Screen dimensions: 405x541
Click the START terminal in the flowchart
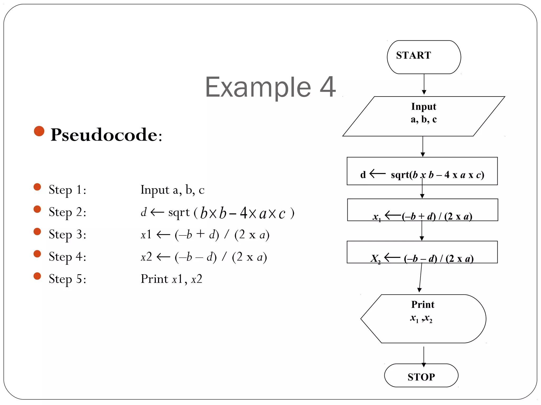tap(424, 57)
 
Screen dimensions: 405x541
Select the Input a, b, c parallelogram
tap(423, 116)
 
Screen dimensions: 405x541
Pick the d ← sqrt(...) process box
tap(422, 171)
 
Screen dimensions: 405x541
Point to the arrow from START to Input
tap(424, 84)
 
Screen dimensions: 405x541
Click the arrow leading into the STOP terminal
tap(424, 356)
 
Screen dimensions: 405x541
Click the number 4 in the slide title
tap(328, 87)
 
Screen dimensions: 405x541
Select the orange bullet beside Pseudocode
tap(39, 131)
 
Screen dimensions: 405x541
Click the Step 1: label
tap(68, 190)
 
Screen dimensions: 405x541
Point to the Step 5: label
tap(68, 279)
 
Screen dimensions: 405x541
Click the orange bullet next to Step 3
tap(37, 232)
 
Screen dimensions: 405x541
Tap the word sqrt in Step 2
tap(179, 213)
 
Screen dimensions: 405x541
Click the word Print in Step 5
tap(154, 279)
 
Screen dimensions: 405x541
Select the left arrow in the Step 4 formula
tap(163, 257)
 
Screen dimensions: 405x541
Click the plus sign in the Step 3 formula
tap(200, 234)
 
